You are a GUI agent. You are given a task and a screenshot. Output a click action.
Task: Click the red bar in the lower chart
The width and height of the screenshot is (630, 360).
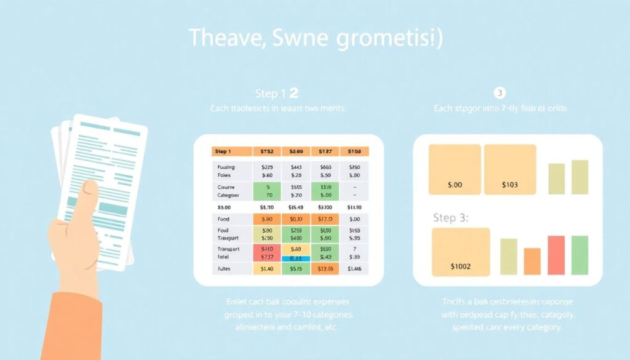coord(556,255)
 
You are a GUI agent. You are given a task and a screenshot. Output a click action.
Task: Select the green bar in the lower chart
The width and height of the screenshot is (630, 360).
coord(580,255)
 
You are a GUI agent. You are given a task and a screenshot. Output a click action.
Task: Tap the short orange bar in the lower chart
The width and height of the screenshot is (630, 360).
coord(532,262)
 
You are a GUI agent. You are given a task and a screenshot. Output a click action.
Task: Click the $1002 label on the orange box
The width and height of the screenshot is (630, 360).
coord(461,266)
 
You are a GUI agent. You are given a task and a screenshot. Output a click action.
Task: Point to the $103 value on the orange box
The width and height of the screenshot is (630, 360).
coord(510,183)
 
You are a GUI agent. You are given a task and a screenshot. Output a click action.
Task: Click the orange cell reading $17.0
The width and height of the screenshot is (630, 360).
coord(325,219)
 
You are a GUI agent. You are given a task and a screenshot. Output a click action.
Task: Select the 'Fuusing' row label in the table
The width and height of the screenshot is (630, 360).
coord(226,167)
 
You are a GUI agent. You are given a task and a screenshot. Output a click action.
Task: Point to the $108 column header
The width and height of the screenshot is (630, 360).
coord(354,151)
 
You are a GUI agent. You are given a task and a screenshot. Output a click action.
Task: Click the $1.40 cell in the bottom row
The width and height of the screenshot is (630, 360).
coord(267,269)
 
